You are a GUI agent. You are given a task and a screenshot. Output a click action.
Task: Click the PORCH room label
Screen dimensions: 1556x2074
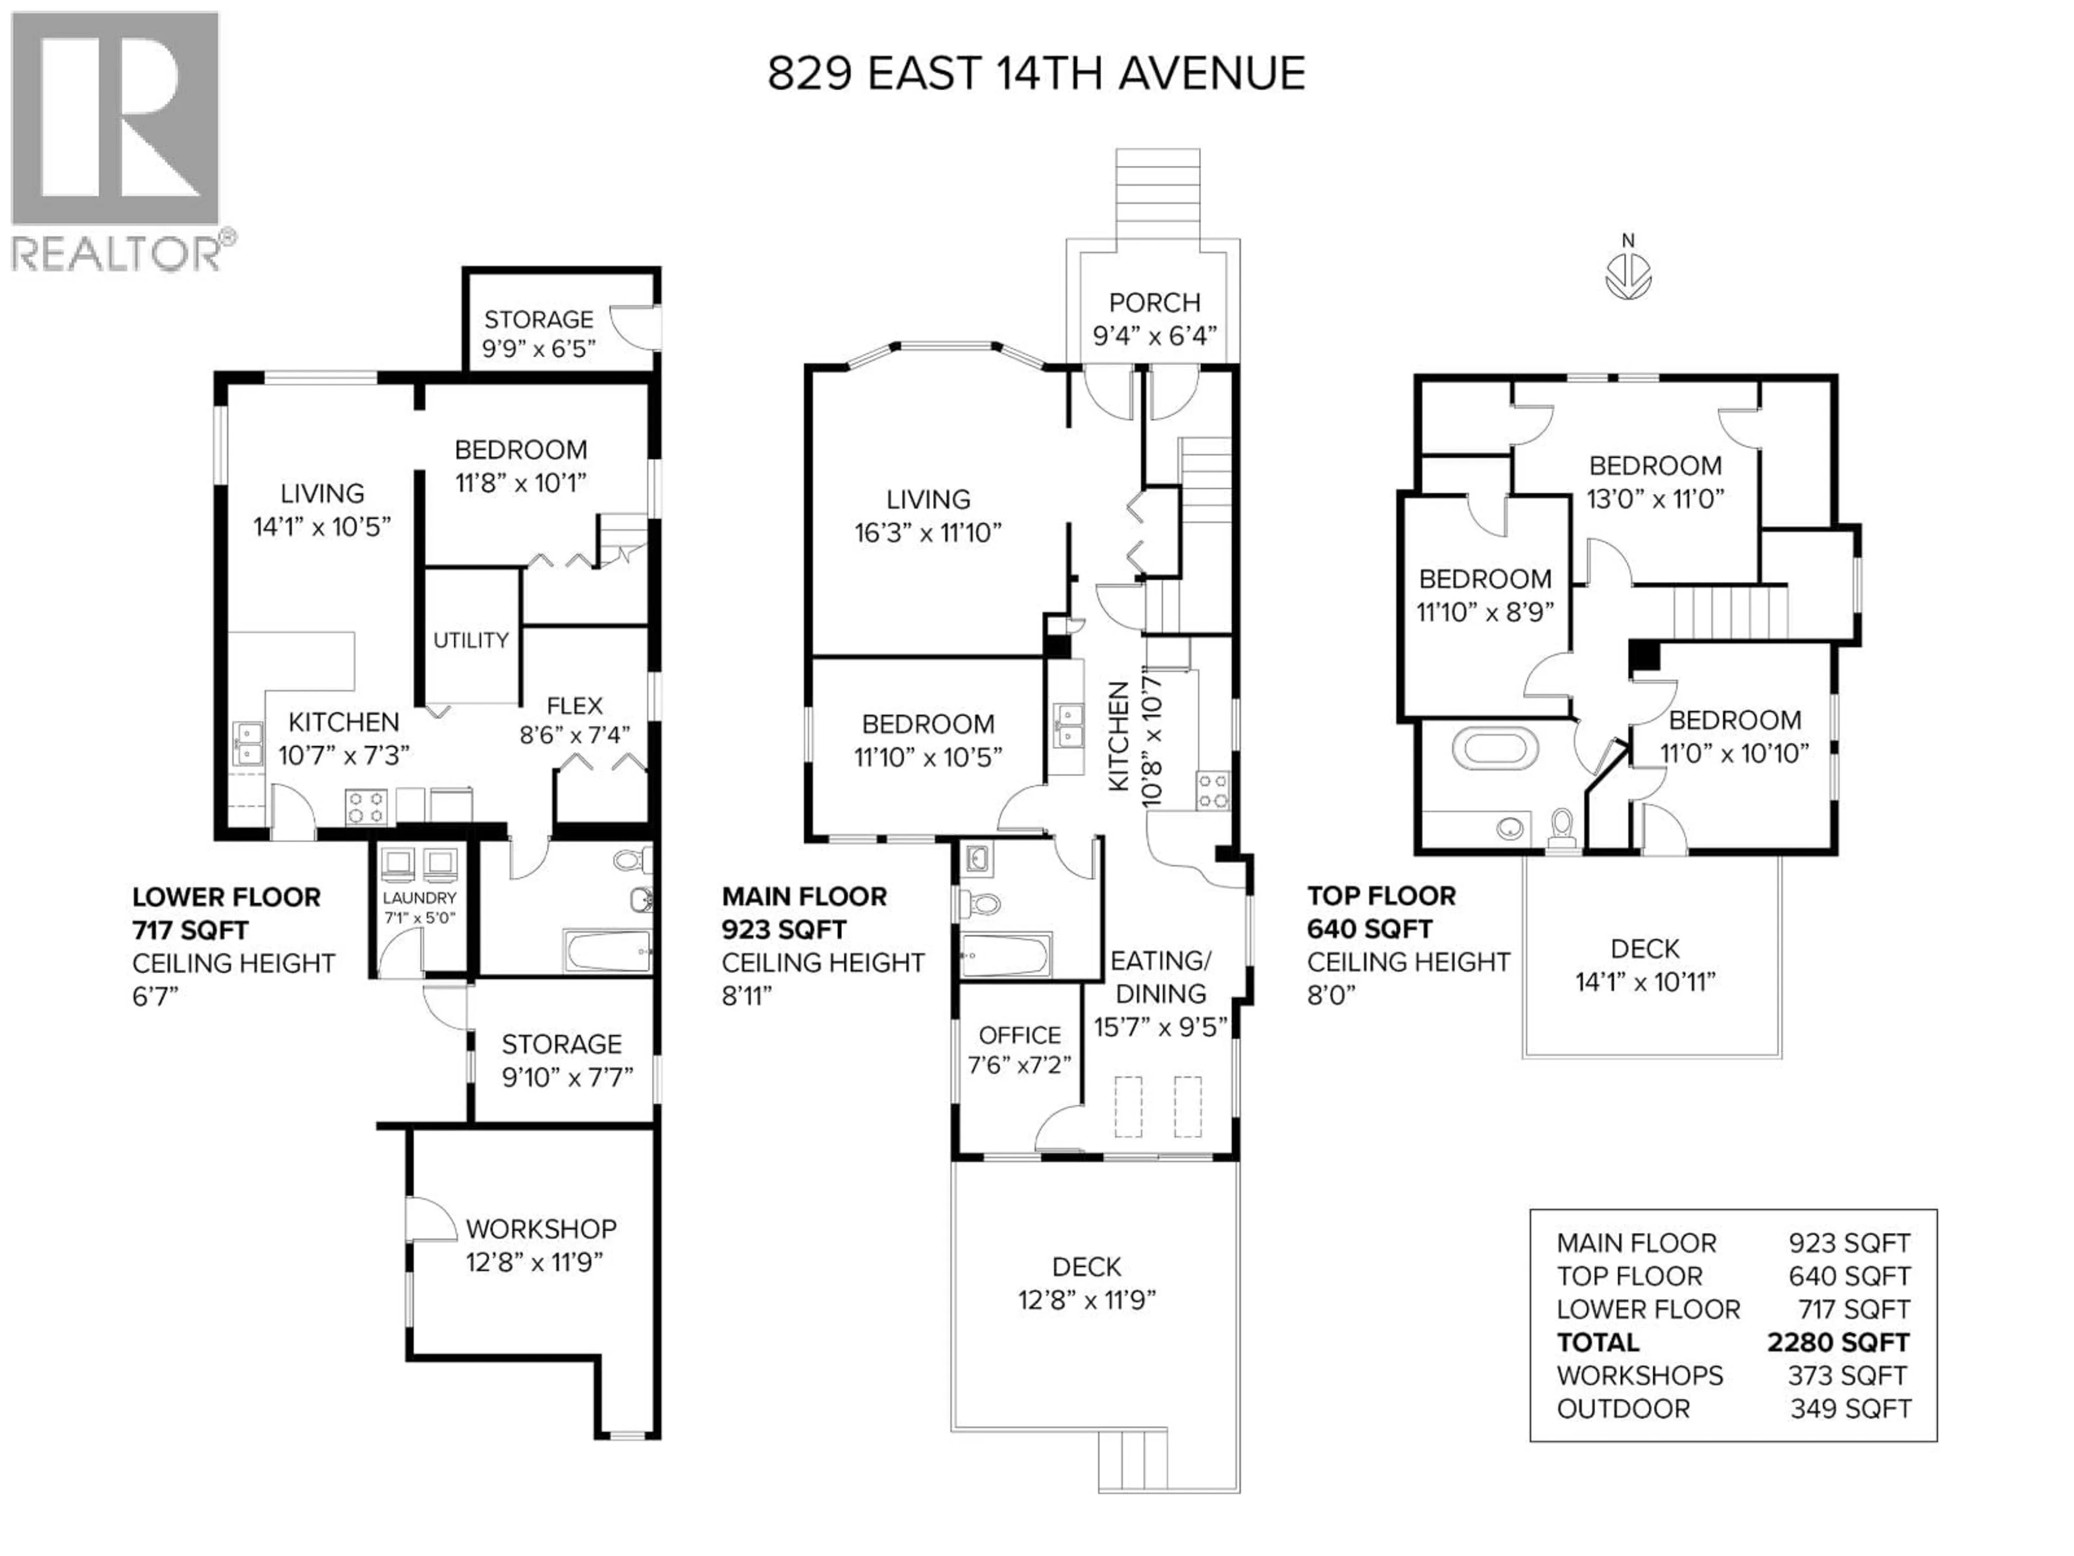1154,303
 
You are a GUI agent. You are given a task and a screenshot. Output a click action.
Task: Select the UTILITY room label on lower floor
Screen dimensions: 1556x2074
470,641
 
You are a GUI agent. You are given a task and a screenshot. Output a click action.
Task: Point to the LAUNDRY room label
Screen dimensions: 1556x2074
419,897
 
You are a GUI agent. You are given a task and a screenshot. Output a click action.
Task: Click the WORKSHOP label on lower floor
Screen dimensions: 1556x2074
541,1229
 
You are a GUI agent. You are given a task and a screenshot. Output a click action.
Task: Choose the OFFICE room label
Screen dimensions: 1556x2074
1019,1036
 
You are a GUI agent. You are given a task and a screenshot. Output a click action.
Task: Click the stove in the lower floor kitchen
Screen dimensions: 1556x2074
367,807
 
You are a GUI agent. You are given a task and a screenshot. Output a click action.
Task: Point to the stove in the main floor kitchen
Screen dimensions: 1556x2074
1211,790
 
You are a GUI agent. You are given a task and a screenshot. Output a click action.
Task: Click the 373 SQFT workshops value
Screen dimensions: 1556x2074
1846,1376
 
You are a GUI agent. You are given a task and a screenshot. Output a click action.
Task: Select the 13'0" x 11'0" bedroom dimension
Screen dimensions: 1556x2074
1655,499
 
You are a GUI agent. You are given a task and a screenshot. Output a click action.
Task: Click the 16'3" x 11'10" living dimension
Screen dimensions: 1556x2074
927,533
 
